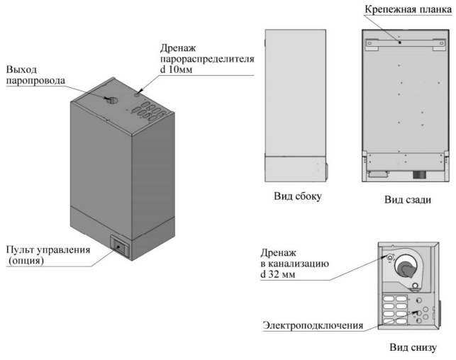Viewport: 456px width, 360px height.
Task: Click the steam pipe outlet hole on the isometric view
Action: coord(112,100)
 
